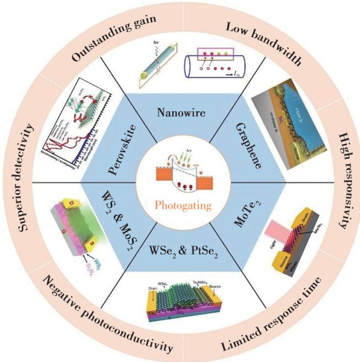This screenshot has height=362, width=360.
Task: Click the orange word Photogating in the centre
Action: coord(179,207)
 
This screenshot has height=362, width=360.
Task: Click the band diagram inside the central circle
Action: coord(179,176)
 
